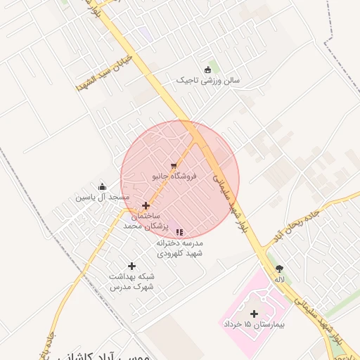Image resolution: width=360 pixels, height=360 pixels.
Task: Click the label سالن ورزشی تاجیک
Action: point(208,81)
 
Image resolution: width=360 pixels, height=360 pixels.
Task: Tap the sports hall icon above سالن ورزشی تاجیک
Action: point(207,69)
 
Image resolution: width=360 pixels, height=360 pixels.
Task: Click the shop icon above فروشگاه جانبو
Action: point(174,165)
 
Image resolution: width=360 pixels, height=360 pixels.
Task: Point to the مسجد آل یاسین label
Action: point(103,198)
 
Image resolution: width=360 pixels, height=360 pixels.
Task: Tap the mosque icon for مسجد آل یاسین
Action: point(103,186)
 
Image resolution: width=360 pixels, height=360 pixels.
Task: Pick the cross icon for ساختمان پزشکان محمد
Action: point(146,206)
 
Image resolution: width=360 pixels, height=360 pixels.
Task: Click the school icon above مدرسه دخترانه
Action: point(179,231)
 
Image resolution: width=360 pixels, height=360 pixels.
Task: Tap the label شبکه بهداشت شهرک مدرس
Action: point(131,282)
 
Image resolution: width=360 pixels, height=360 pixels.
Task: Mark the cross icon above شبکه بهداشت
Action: point(131,266)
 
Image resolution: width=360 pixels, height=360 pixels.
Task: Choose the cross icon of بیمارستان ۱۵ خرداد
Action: point(254,314)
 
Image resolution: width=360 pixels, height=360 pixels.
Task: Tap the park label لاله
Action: point(280,279)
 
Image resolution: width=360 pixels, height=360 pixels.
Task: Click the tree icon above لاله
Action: point(280,269)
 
